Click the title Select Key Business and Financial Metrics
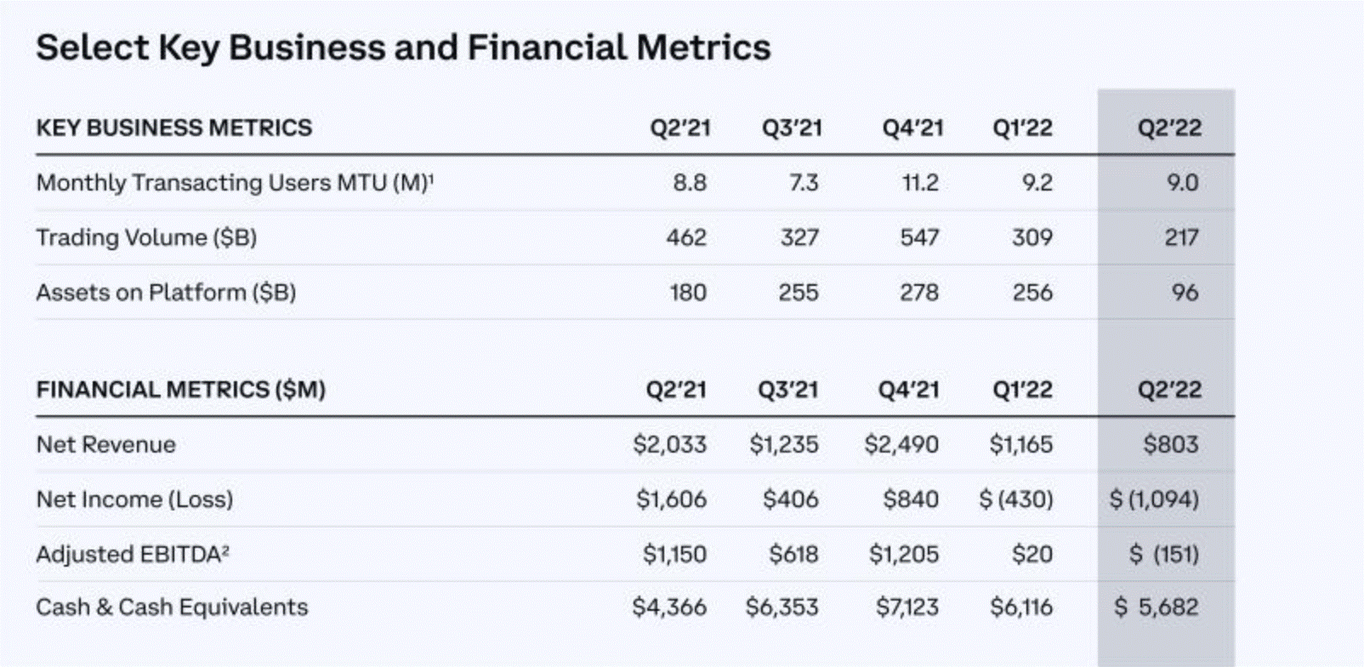pos(403,48)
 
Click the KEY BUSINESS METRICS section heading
pos(173,128)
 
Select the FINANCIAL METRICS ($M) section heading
pos(180,390)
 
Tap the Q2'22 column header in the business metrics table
pos(1169,128)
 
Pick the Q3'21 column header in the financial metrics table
pos(787,390)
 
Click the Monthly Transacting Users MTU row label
pos(235,183)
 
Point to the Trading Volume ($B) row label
pos(146,237)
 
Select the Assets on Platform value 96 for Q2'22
pos(1184,293)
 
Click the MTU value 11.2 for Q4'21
pos(919,183)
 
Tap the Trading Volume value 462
pos(685,237)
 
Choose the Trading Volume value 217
pos(1180,237)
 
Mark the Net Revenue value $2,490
pos(901,444)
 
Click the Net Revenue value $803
pos(1170,444)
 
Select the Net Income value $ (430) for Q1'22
pos(1015,499)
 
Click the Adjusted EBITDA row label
pos(133,555)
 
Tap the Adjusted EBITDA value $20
pos(1032,555)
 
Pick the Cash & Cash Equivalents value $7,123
pos(906,607)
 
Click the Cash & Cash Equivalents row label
pos(172,607)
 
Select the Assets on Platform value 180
pos(687,293)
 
